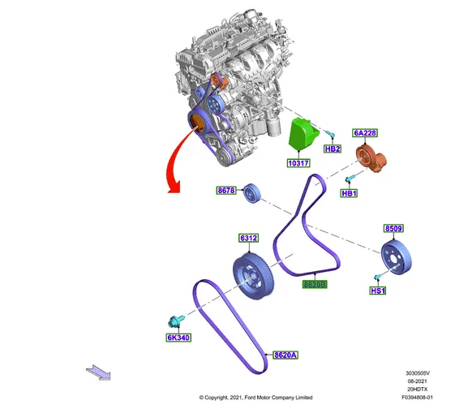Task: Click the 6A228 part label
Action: [365, 133]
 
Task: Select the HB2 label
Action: [333, 149]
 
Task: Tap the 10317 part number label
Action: [298, 163]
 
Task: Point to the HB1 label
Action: [349, 193]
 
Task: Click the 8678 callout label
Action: [226, 191]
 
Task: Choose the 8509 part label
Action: [393, 228]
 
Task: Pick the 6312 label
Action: [249, 238]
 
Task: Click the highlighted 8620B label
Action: [315, 284]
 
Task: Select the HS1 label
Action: [378, 291]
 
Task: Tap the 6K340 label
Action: [178, 338]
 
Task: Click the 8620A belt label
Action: [286, 355]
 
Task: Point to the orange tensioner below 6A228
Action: [371, 157]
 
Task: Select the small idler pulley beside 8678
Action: [252, 193]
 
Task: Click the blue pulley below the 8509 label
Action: [397, 257]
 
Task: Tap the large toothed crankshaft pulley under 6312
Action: [252, 276]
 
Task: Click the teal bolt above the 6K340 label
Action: [176, 321]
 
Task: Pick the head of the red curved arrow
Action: [174, 187]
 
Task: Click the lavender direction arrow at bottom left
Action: [98, 372]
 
